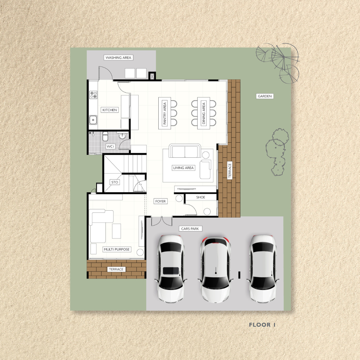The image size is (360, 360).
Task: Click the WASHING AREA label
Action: point(118,58)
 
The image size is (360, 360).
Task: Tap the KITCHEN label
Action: point(110,110)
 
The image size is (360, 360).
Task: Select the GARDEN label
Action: point(265,96)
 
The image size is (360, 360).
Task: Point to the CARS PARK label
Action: point(190,229)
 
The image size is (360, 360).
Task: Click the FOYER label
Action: point(160,201)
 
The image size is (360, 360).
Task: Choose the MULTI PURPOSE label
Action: point(117,249)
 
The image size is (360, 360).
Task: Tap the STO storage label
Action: point(115,182)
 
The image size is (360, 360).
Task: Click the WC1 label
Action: point(110,146)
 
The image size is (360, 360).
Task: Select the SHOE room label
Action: point(201,197)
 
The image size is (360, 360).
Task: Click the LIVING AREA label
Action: point(183,168)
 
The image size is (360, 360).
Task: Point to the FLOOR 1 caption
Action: point(262,325)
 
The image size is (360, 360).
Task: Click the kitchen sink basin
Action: point(93,120)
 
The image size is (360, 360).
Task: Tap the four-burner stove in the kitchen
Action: point(93,95)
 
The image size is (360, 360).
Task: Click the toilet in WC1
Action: point(105,136)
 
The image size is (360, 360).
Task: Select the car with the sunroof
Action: point(171,268)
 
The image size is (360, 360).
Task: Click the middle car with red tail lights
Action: point(216,269)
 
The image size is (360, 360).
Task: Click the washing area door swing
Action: point(106,73)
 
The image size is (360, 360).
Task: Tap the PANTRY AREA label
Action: point(165,113)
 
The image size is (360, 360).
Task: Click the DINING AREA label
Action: point(204,113)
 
